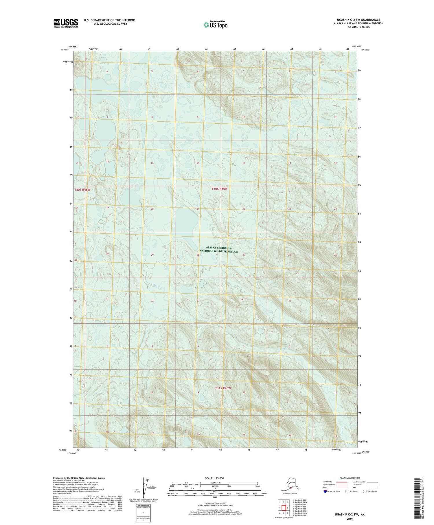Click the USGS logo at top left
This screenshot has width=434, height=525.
click(65, 23)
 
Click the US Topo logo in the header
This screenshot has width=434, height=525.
click(215, 25)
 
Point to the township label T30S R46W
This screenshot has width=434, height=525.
click(82, 190)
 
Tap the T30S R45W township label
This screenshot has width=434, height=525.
click(219, 189)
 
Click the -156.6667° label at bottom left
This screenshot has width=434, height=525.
click(72, 453)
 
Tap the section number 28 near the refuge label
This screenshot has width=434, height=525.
click(198, 255)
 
